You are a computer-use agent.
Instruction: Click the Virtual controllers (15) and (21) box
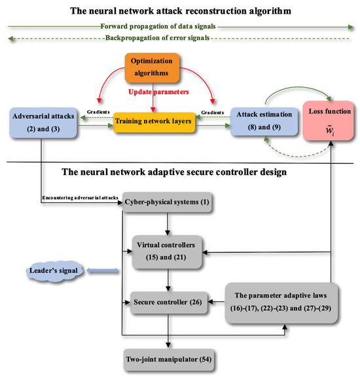pyautogui.click(x=170, y=250)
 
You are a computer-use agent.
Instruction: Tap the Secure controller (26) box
pyautogui.click(x=170, y=302)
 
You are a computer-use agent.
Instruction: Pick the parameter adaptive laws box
pyautogui.click(x=283, y=302)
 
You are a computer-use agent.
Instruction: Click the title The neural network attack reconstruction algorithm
pyautogui.click(x=179, y=9)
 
